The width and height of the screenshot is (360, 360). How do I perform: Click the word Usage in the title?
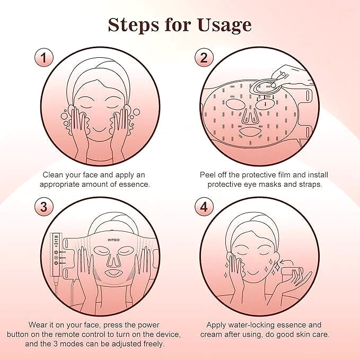[224, 25]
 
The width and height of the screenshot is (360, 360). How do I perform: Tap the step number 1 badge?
[43, 57]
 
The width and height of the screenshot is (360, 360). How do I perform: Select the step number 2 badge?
[204, 57]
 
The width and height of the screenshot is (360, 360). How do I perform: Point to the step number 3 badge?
[43, 207]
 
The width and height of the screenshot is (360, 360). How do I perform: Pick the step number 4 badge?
[204, 207]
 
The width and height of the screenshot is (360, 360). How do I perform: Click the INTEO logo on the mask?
[113, 240]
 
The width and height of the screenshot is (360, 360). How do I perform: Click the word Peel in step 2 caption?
[207, 175]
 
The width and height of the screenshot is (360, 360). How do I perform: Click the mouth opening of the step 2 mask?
[250, 132]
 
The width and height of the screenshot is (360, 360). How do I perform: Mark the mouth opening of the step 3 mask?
[113, 273]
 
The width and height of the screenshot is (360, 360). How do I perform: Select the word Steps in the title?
[134, 25]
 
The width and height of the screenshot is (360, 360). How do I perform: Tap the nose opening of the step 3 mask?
[113, 260]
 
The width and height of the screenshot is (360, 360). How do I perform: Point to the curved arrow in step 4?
[285, 262]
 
